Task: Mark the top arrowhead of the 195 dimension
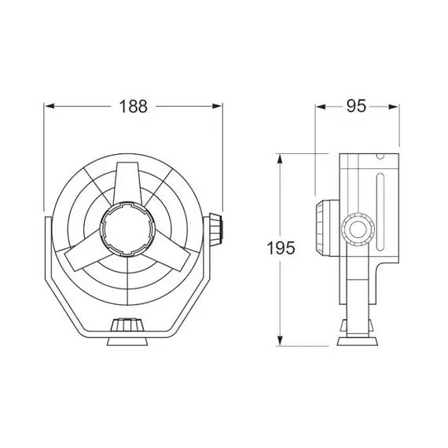(x=281, y=158)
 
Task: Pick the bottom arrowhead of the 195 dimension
(x=281, y=342)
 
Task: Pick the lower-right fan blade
(x=171, y=255)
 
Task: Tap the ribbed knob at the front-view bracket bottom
(x=127, y=325)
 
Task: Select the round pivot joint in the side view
(x=359, y=230)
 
